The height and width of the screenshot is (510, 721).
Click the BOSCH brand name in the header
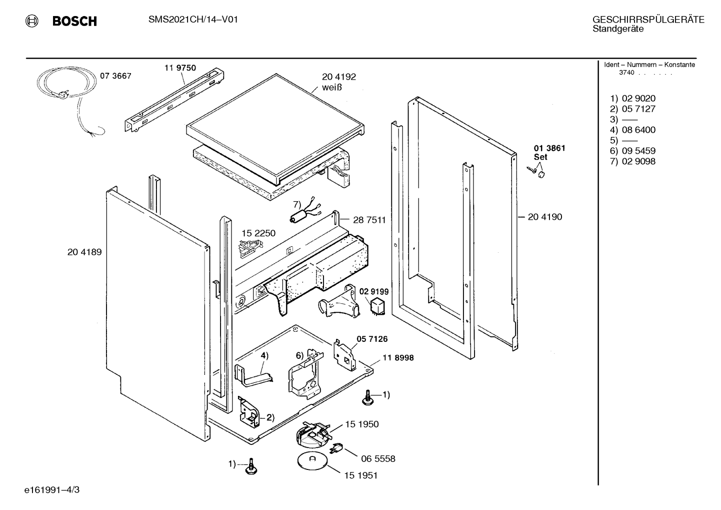pyautogui.click(x=74, y=21)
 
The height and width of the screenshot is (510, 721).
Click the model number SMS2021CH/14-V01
pyautogui.click(x=193, y=20)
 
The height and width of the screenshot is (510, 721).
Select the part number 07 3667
pyautogui.click(x=115, y=76)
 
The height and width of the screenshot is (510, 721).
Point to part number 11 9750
pyautogui.click(x=180, y=68)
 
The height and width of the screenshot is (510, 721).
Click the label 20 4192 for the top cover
pyautogui.click(x=339, y=77)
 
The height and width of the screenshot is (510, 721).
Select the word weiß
pyautogui.click(x=332, y=87)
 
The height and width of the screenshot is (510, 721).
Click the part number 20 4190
pyautogui.click(x=545, y=217)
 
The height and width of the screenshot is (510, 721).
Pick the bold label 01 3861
pyautogui.click(x=549, y=148)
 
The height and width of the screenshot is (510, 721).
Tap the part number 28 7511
pyautogui.click(x=369, y=220)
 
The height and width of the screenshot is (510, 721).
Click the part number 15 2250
pyautogui.click(x=258, y=233)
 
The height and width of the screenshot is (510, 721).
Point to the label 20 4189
pyautogui.click(x=84, y=252)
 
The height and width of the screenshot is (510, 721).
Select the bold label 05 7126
pyautogui.click(x=372, y=339)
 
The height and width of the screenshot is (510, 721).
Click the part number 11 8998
pyautogui.click(x=398, y=358)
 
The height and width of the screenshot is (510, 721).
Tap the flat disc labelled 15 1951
pyautogui.click(x=312, y=461)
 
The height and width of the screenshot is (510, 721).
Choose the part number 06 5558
pyautogui.click(x=378, y=458)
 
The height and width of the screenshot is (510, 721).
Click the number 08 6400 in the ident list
pyautogui.click(x=638, y=130)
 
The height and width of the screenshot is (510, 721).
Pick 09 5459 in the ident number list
pyautogui.click(x=638, y=151)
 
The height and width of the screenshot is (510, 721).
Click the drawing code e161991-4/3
pyautogui.click(x=52, y=490)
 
